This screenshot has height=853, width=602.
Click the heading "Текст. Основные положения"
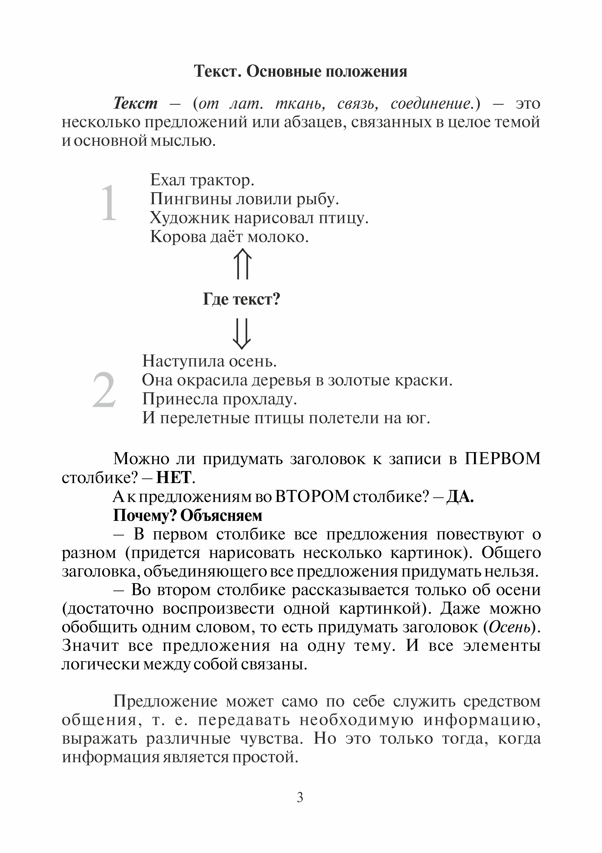pyautogui.click(x=300, y=71)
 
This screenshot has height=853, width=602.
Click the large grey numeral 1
pyautogui.click(x=109, y=203)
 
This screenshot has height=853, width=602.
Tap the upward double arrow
pyautogui.click(x=242, y=264)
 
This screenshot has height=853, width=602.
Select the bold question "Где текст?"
pyautogui.click(x=241, y=299)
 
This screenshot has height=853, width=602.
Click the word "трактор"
pyautogui.click(x=222, y=181)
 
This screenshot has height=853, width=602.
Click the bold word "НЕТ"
pyautogui.click(x=173, y=478)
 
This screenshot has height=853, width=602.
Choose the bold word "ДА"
pyautogui.click(x=460, y=497)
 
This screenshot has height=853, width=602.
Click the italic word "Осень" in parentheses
pyautogui.click(x=510, y=627)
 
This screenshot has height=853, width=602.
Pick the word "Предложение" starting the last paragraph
pyautogui.click(x=166, y=701)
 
